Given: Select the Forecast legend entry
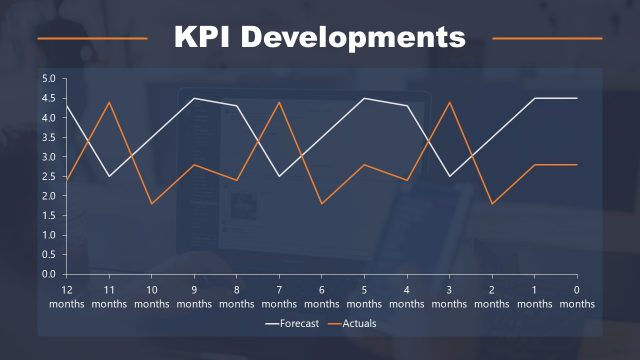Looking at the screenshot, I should [297, 323].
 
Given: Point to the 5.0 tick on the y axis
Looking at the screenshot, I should [49, 78].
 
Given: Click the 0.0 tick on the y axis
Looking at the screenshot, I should [49, 274].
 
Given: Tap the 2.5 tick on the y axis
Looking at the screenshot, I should [49, 176].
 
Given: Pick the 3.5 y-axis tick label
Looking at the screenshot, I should [49, 137].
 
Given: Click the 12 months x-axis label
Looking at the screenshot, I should [67, 296].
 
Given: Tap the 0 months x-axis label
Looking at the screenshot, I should [576, 296].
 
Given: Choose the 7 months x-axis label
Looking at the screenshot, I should [279, 296].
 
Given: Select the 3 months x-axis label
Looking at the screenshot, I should [449, 296].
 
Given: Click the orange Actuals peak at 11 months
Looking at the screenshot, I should [109, 102].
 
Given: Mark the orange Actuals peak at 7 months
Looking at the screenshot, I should [279, 102].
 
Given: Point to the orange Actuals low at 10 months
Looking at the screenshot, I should [152, 204].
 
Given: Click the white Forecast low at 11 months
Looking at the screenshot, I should [109, 176].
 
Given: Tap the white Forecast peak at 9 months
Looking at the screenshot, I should [194, 98].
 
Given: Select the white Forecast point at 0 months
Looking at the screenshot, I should [576, 98].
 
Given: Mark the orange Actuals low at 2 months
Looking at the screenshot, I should [491, 204].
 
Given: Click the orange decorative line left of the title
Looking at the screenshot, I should [92, 39].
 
